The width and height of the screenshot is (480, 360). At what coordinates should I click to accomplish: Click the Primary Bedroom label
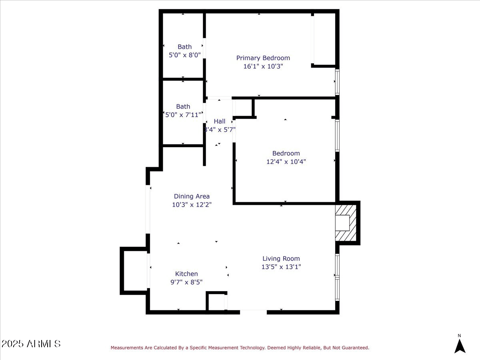pyautogui.click(x=263, y=58)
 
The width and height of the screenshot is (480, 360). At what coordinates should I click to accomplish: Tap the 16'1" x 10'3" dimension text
pyautogui.click(x=263, y=66)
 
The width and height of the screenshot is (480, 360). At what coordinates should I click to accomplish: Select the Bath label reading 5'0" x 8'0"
pyautogui.click(x=184, y=47)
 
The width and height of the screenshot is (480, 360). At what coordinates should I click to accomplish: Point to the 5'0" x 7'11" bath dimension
pyautogui.click(x=183, y=115)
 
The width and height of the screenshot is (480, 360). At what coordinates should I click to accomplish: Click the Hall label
pyautogui.click(x=219, y=121)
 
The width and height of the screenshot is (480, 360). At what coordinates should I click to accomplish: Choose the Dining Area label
pyautogui.click(x=192, y=196)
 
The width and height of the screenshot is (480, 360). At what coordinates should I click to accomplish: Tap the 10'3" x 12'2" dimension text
pyautogui.click(x=192, y=204)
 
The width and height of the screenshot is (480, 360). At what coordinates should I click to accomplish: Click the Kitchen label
pyautogui.click(x=186, y=274)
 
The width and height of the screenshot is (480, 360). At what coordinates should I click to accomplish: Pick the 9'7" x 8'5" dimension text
pyautogui.click(x=186, y=282)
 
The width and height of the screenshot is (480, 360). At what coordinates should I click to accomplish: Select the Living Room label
pyautogui.click(x=281, y=258)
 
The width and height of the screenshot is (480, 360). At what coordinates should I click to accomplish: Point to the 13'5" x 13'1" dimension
pyautogui.click(x=281, y=267)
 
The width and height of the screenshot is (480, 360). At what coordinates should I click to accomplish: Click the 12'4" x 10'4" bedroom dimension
pyautogui.click(x=286, y=162)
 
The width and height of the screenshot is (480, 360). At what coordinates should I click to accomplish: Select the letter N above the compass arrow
pyautogui.click(x=459, y=336)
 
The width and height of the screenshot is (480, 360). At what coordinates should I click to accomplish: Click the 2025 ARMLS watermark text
pyautogui.click(x=31, y=344)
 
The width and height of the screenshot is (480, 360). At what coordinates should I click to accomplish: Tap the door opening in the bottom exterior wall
pyautogui.click(x=253, y=312)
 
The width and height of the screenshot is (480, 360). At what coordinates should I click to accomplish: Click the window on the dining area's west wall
pyautogui.click(x=148, y=209)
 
